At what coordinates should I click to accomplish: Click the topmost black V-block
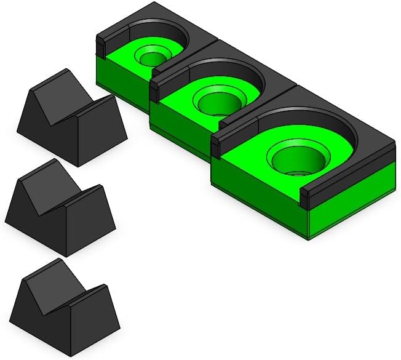tap(71, 120)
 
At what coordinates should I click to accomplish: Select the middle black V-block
tap(58, 209)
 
